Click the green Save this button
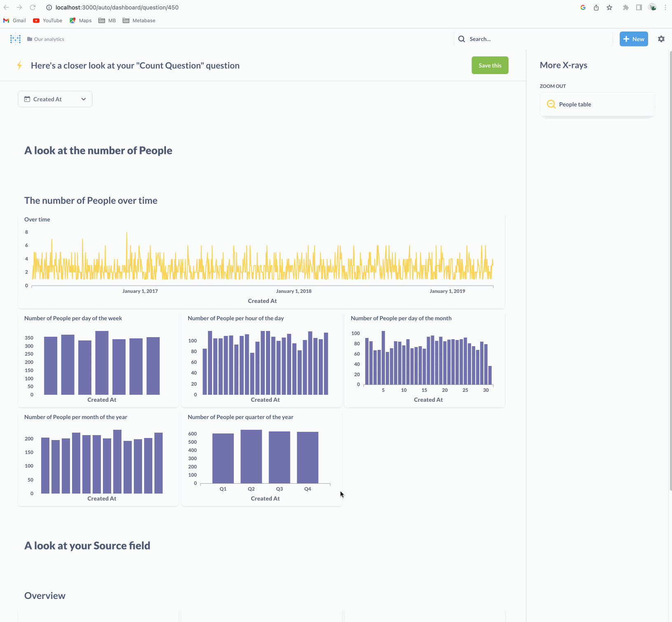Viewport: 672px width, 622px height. coord(490,65)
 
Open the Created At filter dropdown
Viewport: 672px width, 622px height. coord(55,99)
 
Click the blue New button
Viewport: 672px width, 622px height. coord(633,39)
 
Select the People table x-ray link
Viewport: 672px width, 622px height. coord(574,105)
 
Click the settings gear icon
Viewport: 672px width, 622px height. coord(661,39)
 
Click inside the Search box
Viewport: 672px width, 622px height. coord(535,39)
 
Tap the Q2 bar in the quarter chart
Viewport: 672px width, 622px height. coord(251,457)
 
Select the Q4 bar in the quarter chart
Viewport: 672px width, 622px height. coord(308,458)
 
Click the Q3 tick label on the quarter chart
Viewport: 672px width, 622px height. coord(279,489)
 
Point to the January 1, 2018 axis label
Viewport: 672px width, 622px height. coord(294,291)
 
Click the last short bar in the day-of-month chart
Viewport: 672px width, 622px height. coord(490,375)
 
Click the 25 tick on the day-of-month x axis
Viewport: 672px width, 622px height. coord(465,390)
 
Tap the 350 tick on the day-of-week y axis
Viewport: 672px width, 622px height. coord(29,338)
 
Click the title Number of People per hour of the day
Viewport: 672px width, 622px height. coord(236,318)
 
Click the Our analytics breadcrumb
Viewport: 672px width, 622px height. coord(49,39)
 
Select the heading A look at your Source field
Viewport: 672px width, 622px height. coord(87,546)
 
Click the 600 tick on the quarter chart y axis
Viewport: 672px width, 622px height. coord(192,434)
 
